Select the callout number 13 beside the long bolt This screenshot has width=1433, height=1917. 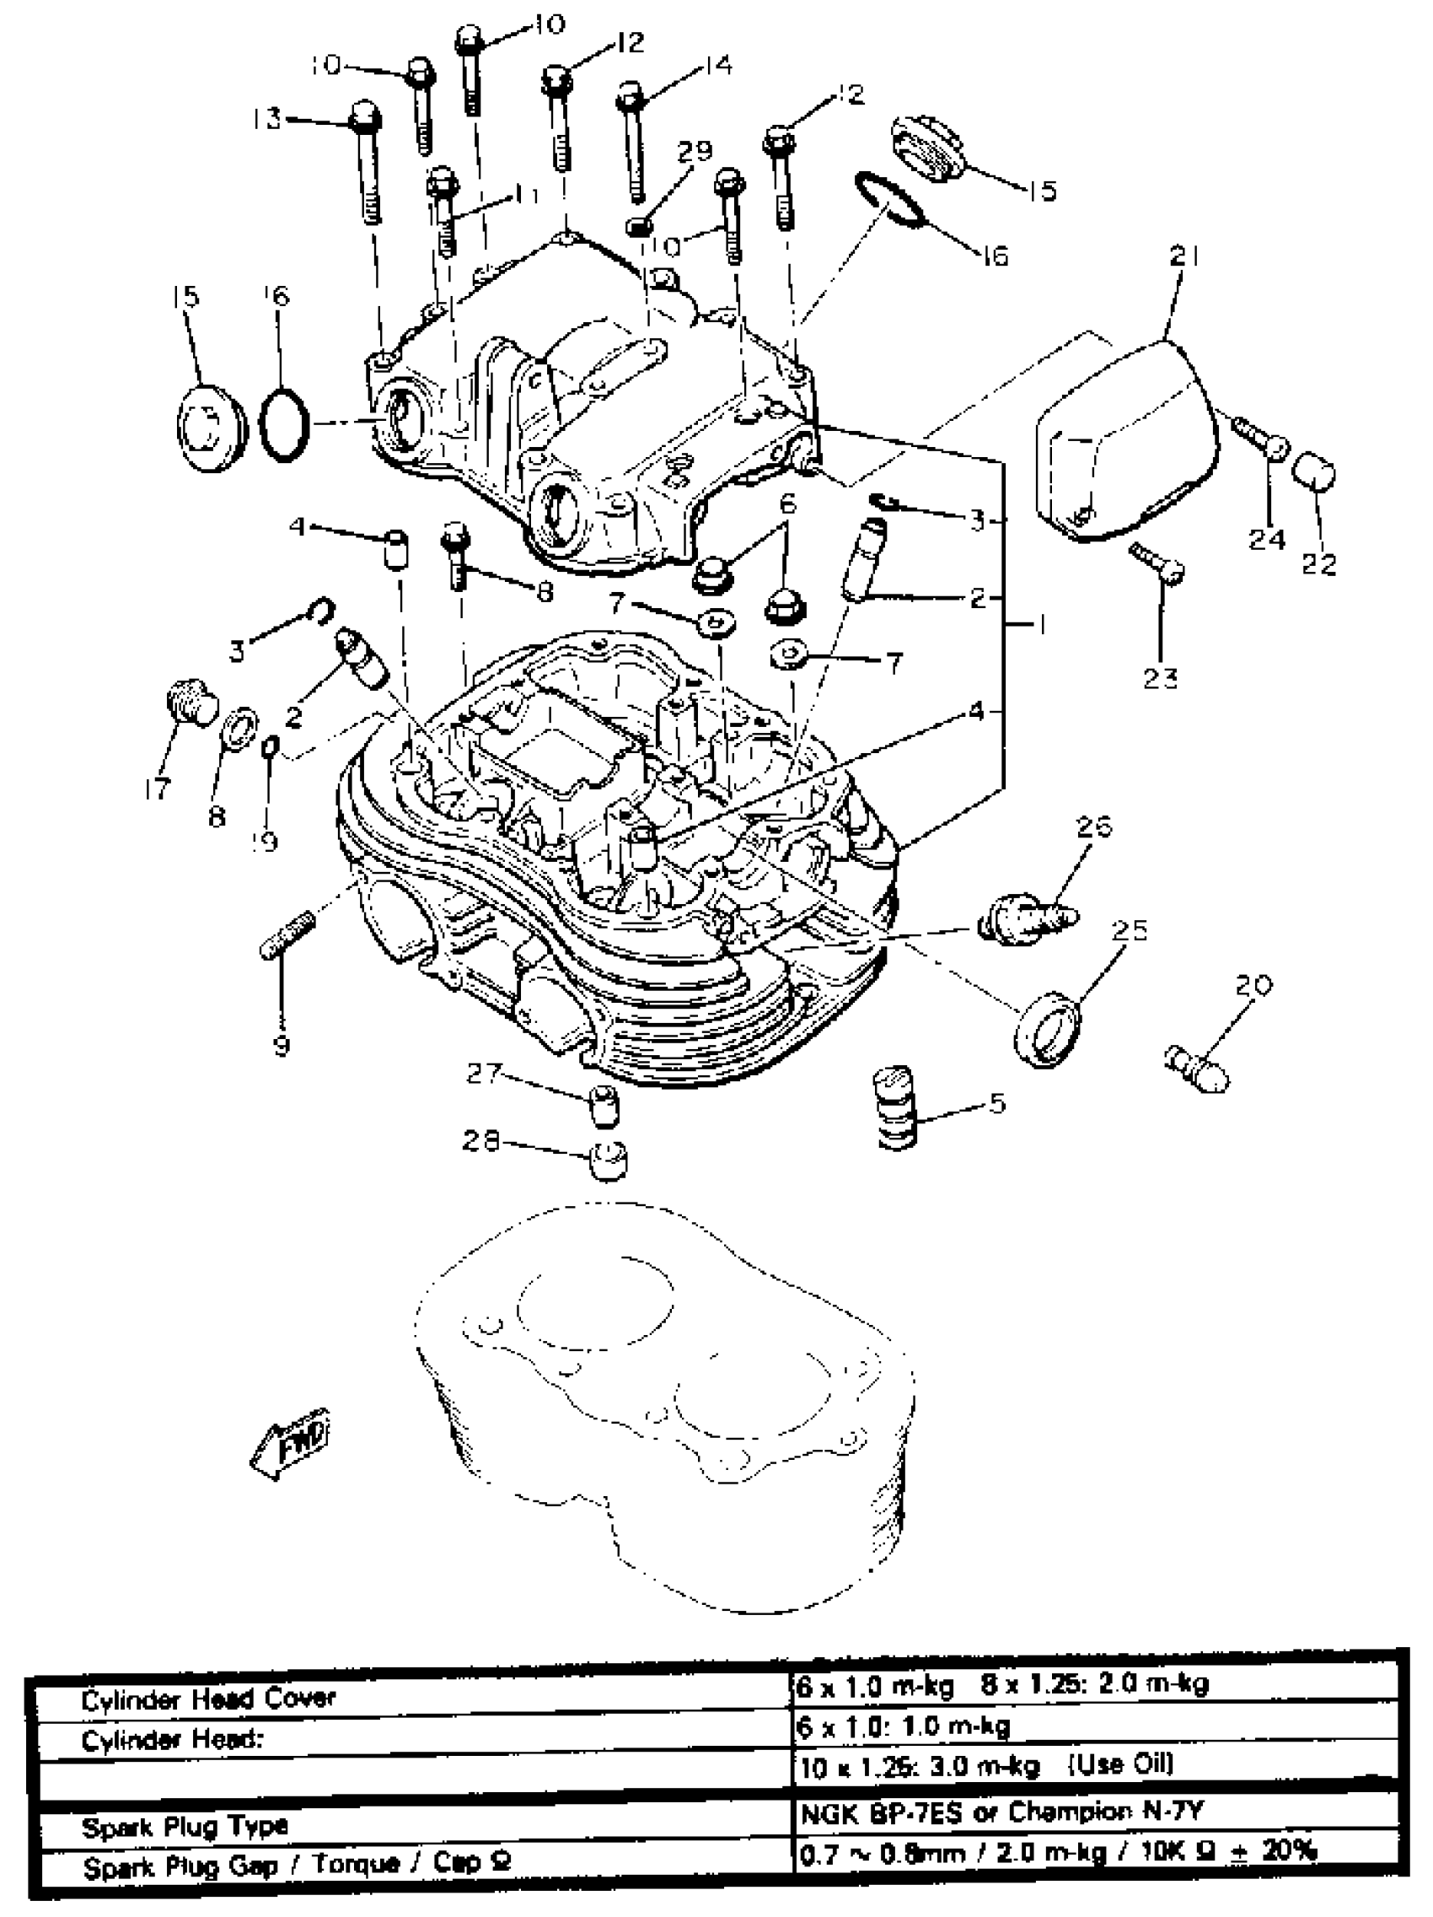coord(268,119)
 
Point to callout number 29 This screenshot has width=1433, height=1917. coord(694,152)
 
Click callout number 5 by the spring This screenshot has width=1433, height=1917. coord(996,1104)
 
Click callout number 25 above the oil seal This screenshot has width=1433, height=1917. coord(1129,931)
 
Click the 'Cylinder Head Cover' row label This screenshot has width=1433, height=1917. coord(208,1698)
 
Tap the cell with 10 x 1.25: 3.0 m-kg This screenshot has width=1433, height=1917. coord(986,1766)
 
